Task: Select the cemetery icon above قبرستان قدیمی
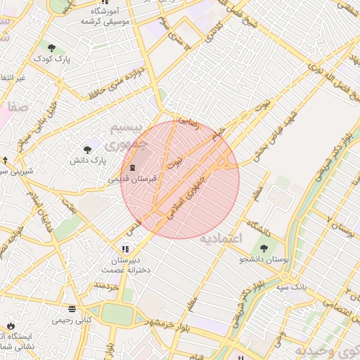(x=133, y=167)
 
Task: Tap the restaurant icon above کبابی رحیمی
(x=72, y=309)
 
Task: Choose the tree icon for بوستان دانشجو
(x=264, y=248)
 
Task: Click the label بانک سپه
(x=290, y=287)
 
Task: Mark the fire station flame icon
(x=11, y=326)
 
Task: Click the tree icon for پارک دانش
(x=87, y=149)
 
